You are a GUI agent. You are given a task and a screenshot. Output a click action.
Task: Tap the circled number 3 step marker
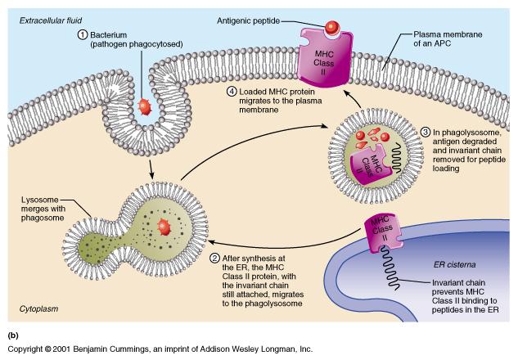tap(425, 133)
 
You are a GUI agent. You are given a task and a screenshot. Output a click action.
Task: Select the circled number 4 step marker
tap(232, 92)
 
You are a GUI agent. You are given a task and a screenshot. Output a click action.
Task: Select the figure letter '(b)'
tap(12, 335)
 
